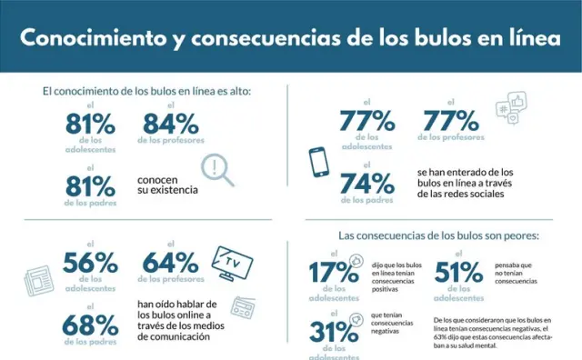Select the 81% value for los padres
[x=92, y=186]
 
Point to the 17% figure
[x=333, y=273]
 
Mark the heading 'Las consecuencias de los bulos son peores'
[x=438, y=235]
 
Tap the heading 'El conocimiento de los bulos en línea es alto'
[x=146, y=91]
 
